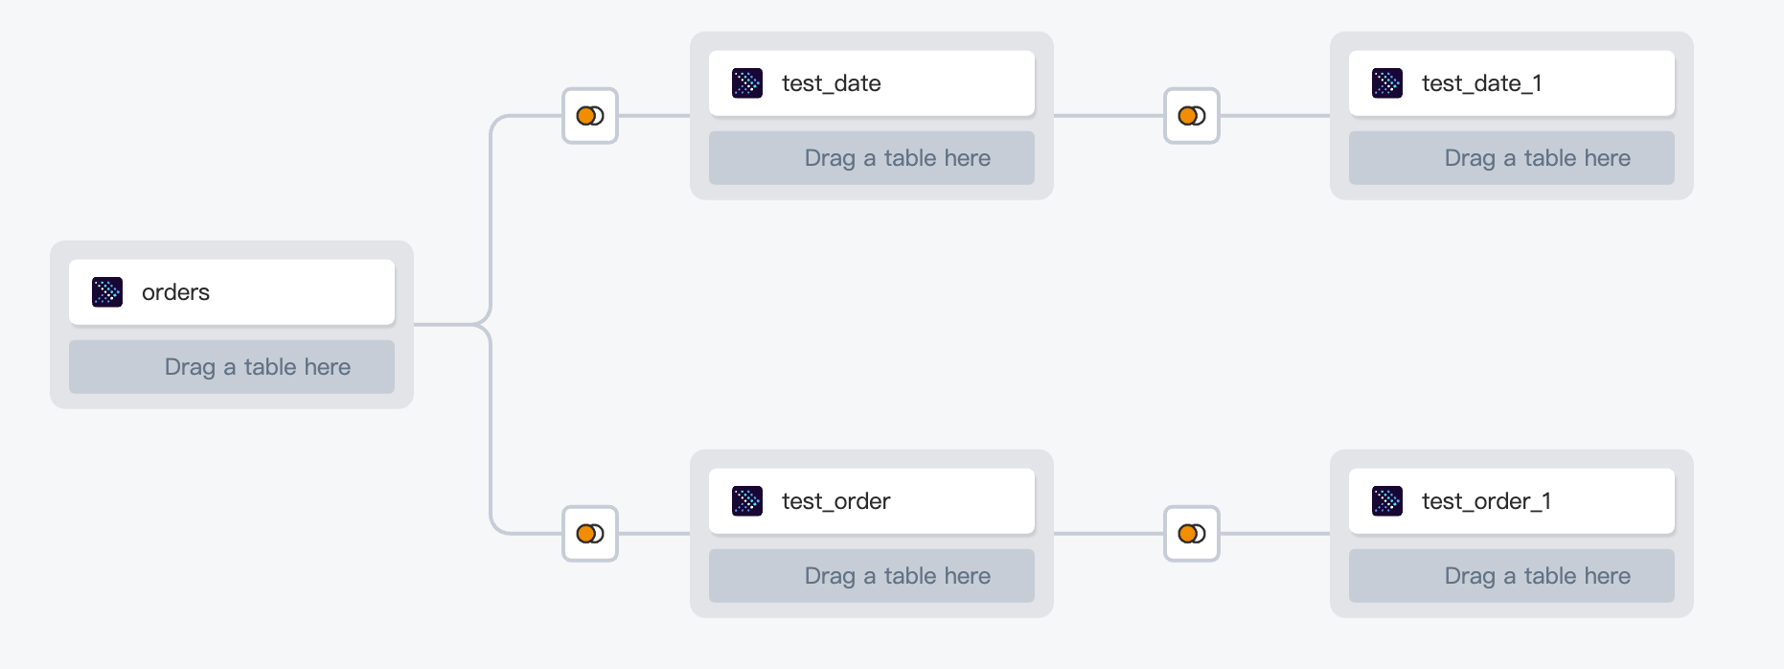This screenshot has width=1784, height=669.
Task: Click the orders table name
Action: pos(175,292)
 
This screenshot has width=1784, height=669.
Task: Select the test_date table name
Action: pos(831,83)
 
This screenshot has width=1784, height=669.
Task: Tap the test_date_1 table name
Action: pos(1481,83)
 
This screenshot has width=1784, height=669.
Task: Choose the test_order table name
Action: pos(835,501)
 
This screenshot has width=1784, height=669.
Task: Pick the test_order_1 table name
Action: pos(1486,501)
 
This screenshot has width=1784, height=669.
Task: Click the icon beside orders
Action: pos(107,292)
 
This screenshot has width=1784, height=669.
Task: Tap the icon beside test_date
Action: pos(747,83)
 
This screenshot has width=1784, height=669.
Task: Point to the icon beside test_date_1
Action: pos(1387,83)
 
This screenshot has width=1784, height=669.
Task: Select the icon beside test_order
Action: pos(747,501)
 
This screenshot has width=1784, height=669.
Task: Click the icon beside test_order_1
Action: pos(1387,501)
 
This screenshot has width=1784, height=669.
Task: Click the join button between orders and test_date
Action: pos(590,116)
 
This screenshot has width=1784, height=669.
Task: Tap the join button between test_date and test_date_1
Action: pos(1192,116)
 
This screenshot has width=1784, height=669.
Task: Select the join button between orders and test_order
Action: pos(590,534)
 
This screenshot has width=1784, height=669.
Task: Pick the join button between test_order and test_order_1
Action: pos(1192,534)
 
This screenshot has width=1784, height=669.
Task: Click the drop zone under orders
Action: pos(232,367)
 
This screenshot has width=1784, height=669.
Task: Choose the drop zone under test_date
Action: pos(872,158)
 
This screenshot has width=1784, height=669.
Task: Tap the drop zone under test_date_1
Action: pos(1512,158)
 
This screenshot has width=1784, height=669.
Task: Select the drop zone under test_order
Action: pos(872,576)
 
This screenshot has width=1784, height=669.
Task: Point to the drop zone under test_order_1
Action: pos(1512,576)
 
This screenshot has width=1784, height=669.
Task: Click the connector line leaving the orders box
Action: pos(450,325)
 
